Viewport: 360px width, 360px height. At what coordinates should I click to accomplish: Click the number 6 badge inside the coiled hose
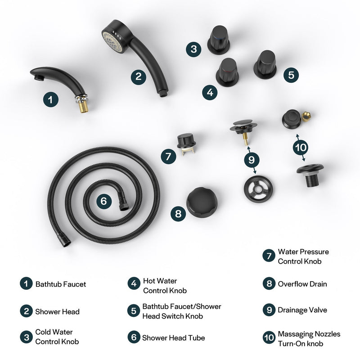(104, 201)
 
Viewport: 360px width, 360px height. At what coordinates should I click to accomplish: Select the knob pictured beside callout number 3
(219, 40)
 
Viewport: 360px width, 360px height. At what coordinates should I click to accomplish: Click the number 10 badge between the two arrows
(301, 147)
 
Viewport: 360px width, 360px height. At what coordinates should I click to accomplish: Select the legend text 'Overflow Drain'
(302, 284)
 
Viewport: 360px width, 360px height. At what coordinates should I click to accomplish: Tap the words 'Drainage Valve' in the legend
(302, 310)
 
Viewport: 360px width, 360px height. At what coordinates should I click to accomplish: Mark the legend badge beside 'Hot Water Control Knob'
(134, 283)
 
